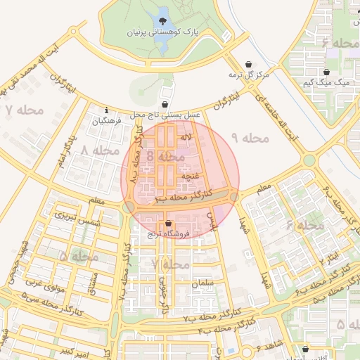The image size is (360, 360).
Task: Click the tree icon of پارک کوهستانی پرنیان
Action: pos(163,21)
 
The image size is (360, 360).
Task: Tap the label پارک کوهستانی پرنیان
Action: pos(163,33)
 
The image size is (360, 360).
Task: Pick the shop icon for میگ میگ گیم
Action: pos(327,72)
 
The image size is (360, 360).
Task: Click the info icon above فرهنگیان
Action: pos(106,110)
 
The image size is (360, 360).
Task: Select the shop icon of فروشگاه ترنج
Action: pos(167,224)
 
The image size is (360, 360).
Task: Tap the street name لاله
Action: pos(186,137)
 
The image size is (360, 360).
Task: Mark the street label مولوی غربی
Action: pos(44,284)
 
